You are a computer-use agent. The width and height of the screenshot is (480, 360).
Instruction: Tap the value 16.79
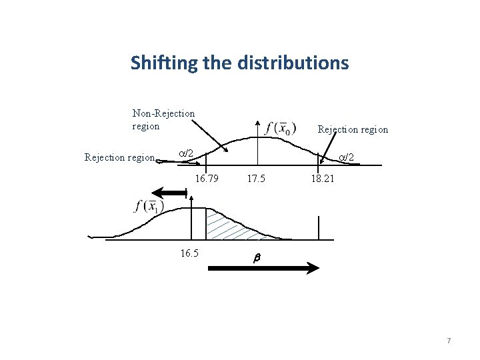pyautogui.click(x=206, y=179)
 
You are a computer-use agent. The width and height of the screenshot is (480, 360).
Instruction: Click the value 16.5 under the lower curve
pyautogui.click(x=190, y=253)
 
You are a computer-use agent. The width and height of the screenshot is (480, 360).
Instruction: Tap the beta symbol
pyautogui.click(x=253, y=257)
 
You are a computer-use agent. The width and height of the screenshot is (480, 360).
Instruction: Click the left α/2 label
pyautogui.click(x=186, y=154)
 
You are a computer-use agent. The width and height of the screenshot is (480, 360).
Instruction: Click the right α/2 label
pyautogui.click(x=345, y=157)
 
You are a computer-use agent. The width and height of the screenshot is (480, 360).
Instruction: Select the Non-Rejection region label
pyautogui.click(x=163, y=119)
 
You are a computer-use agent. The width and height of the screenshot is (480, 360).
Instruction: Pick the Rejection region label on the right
pyautogui.click(x=353, y=129)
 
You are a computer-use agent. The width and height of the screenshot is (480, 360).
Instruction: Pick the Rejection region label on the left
pyautogui.click(x=119, y=158)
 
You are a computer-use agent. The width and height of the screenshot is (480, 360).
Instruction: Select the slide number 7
pyautogui.click(x=449, y=341)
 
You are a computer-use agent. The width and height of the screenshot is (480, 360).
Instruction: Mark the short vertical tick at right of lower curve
pyautogui.click(x=319, y=227)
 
